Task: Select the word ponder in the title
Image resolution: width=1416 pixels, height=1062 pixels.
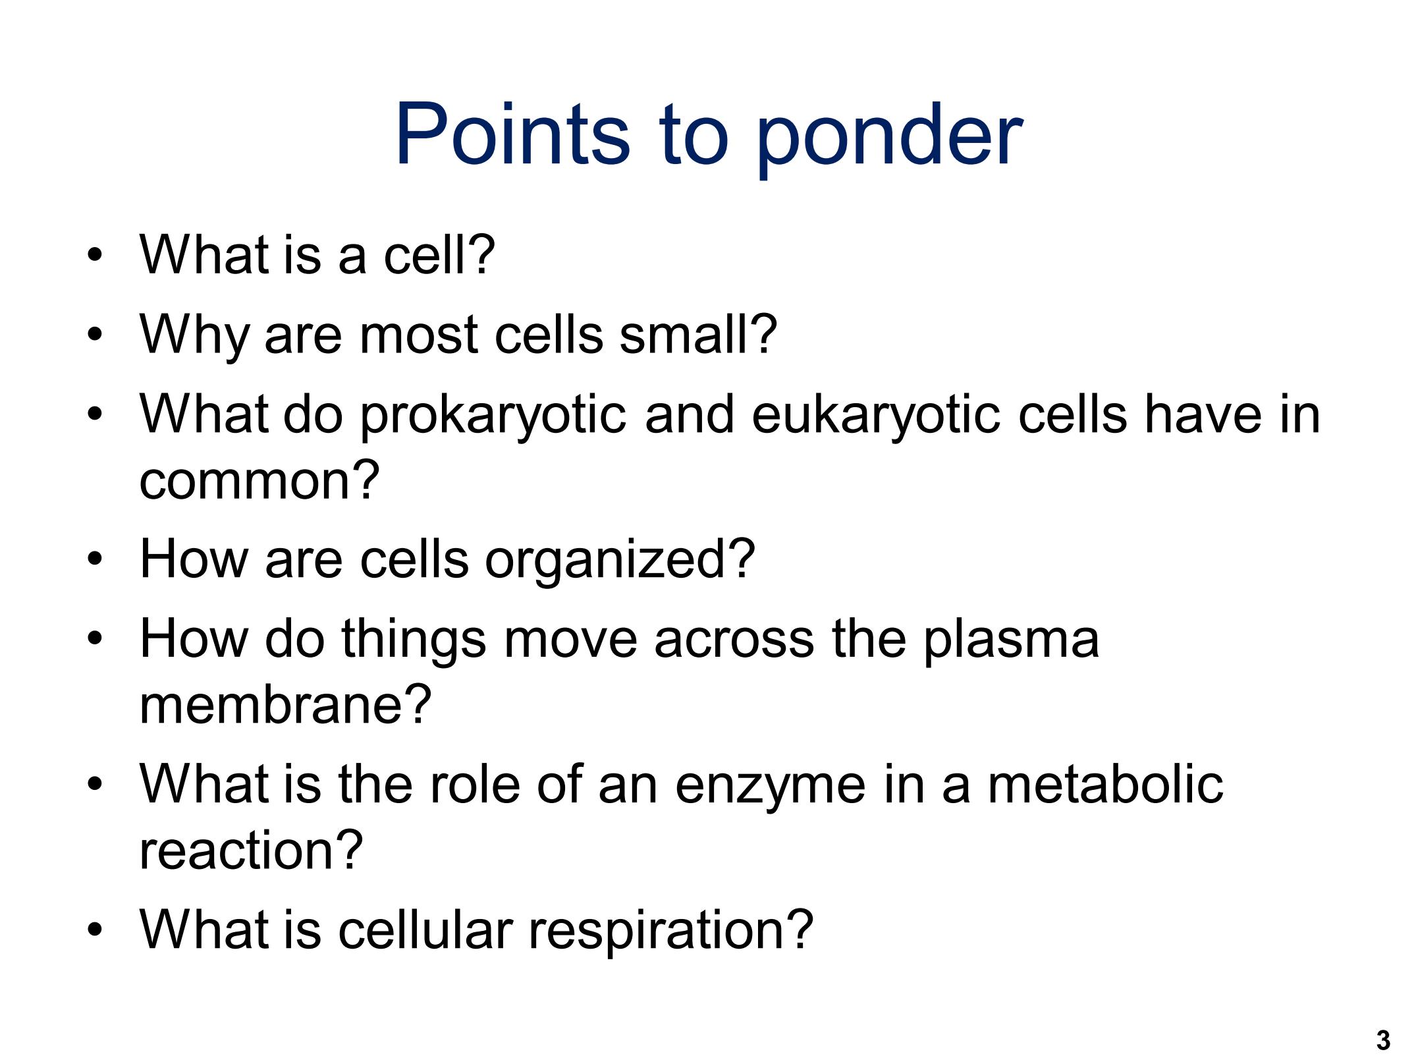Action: (x=889, y=139)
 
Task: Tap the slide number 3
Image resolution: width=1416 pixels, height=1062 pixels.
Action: (x=1382, y=1040)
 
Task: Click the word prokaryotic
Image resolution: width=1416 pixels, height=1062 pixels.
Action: (x=493, y=415)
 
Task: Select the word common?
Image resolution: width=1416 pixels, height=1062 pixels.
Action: (x=260, y=480)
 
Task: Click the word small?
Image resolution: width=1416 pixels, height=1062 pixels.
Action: (x=698, y=333)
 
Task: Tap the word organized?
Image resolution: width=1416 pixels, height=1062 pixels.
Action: (x=619, y=560)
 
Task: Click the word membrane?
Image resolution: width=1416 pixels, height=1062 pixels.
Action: (x=285, y=704)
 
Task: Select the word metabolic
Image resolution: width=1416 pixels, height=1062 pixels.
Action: (x=1106, y=783)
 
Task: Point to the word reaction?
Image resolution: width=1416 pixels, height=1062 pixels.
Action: (x=251, y=849)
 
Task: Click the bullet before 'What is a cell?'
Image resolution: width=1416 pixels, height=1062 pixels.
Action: (x=95, y=255)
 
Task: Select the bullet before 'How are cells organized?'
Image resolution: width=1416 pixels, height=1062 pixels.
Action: (x=95, y=559)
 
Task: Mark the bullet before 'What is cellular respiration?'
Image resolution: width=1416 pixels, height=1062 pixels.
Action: (x=95, y=929)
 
